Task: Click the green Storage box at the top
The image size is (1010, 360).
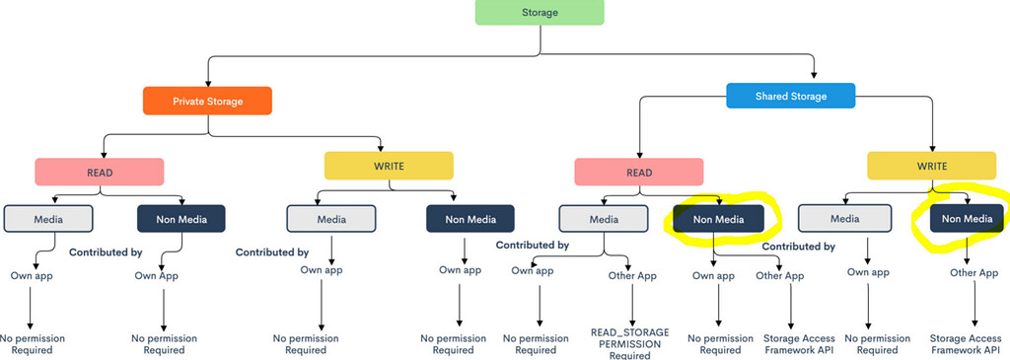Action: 539,12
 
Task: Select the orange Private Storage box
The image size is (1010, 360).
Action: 206,101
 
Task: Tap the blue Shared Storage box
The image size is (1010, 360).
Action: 790,96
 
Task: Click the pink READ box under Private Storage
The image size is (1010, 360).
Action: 99,171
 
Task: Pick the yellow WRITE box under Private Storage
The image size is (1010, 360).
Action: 389,166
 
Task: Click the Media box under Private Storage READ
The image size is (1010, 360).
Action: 47,218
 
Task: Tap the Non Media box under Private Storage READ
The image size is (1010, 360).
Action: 180,218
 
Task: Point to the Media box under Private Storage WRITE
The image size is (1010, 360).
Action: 330,218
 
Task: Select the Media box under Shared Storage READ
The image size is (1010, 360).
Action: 603,218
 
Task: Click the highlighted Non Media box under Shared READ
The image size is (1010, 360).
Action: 718,218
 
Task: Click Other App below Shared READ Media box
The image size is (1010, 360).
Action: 632,276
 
